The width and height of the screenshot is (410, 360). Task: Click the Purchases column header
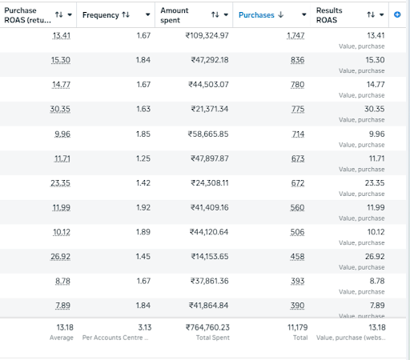point(256,15)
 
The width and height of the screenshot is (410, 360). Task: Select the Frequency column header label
point(101,15)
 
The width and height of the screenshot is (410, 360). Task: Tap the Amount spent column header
point(175,15)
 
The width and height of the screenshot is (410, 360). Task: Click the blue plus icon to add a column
point(397,14)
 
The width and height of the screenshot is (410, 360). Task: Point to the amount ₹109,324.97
point(207,35)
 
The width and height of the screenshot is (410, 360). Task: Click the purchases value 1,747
point(295,35)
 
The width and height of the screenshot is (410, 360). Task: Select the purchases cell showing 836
point(297,60)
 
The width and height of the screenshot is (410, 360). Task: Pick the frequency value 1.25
point(143,158)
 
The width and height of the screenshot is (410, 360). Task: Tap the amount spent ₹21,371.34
point(210,109)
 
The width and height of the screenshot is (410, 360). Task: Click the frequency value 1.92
point(143,208)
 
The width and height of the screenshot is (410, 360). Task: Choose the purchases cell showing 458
point(297,257)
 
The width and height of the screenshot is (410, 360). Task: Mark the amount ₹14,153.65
point(210,257)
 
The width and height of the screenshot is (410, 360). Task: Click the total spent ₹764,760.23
point(207,327)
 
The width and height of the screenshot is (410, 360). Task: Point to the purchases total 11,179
point(298,327)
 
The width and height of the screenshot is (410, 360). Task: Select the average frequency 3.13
point(145,327)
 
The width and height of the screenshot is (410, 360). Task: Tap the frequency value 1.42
point(143,183)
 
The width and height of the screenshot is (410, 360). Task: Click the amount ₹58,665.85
point(208,134)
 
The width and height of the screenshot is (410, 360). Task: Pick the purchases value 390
point(297,306)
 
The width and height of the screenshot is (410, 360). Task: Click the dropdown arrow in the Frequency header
point(147,15)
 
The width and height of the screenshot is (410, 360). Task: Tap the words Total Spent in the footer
point(213,338)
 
